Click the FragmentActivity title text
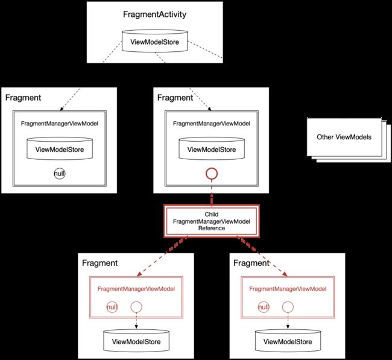154,14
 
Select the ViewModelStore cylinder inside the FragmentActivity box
154,41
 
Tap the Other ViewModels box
344,137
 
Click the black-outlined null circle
60,174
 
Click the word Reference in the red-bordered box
212,229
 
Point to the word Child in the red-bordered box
212,215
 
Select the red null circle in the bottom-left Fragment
112,307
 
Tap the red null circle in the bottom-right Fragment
264,307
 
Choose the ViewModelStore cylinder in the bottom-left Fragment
136,341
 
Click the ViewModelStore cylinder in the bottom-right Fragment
288,341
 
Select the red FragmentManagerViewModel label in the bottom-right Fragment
288,289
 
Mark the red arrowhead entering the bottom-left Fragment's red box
139,274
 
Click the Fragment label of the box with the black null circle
23,98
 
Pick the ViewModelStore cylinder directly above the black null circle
60,148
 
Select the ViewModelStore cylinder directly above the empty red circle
212,148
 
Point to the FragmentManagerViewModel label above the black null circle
60,124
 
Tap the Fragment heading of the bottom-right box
251,263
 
